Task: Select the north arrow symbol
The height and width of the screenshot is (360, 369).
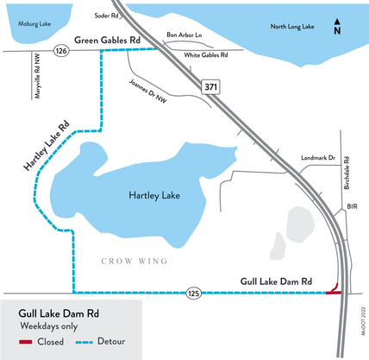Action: click(x=338, y=27)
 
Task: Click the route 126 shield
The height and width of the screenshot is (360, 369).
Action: click(x=60, y=52)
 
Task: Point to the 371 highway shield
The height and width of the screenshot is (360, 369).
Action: click(x=212, y=87)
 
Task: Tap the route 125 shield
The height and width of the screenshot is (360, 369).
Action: click(x=194, y=294)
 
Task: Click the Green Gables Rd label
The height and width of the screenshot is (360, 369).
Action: click(x=108, y=41)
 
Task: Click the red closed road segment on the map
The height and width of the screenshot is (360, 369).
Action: click(x=335, y=294)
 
